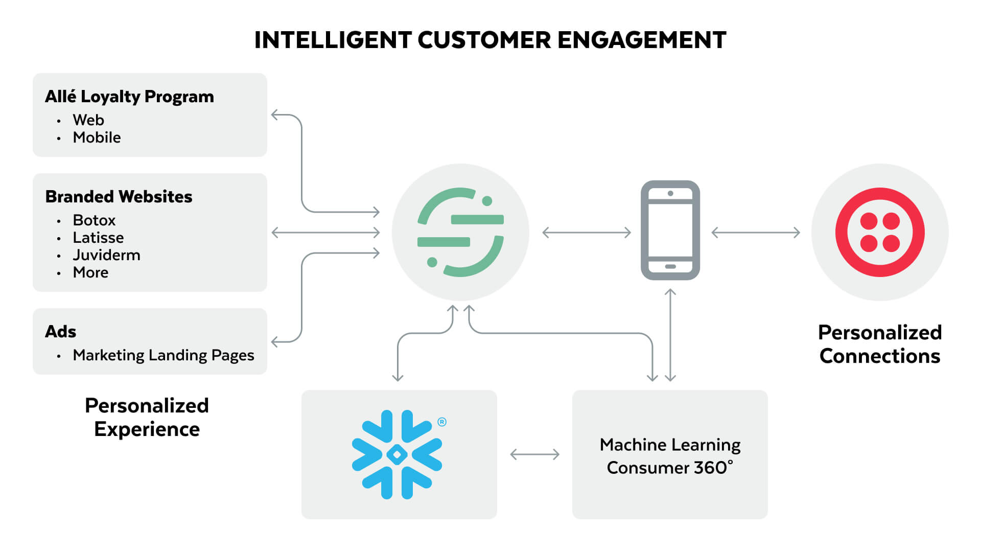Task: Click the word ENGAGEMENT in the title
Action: tap(641, 40)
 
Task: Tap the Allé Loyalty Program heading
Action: tap(129, 97)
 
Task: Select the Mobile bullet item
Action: tap(97, 137)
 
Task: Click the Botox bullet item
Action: tap(94, 220)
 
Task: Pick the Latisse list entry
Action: tap(98, 238)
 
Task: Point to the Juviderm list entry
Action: tap(106, 255)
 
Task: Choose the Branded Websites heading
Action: tap(119, 197)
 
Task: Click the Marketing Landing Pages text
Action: tap(163, 355)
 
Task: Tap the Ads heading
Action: tap(60, 332)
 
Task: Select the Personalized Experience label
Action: tap(147, 417)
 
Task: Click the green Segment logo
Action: tap(460, 233)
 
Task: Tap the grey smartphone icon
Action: tap(670, 230)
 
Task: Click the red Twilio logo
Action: tap(879, 233)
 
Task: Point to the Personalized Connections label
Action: tap(879, 344)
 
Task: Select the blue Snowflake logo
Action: tap(397, 454)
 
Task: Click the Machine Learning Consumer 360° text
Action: tap(670, 456)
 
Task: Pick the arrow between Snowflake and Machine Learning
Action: tap(534, 454)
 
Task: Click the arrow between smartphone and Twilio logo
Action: tap(755, 233)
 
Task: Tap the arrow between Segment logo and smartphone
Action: tap(586, 233)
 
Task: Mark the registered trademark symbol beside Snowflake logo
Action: tap(442, 422)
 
